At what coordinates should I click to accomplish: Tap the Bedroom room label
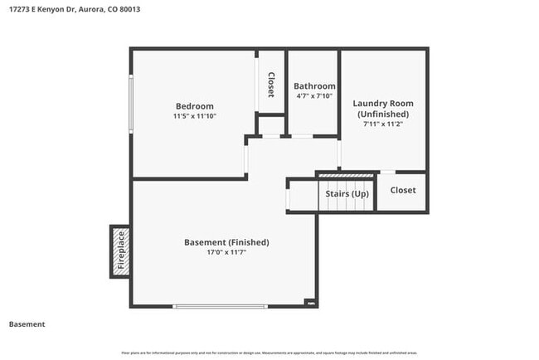(194, 106)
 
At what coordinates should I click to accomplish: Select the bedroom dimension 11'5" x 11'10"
(194, 116)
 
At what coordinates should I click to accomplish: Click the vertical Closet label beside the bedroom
(270, 85)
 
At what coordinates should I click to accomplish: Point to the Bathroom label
(315, 86)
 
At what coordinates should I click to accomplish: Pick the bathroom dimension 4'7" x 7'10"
(315, 96)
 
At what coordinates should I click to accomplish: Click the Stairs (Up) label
(347, 194)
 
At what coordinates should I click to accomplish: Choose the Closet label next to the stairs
(403, 190)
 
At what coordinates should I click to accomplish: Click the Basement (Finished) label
(226, 242)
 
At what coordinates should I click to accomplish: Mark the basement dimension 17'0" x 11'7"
(226, 252)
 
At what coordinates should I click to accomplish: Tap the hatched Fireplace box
(120, 251)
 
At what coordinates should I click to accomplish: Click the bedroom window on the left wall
(130, 104)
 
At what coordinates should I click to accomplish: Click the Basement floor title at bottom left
(27, 324)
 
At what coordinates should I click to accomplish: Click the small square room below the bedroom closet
(271, 126)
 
